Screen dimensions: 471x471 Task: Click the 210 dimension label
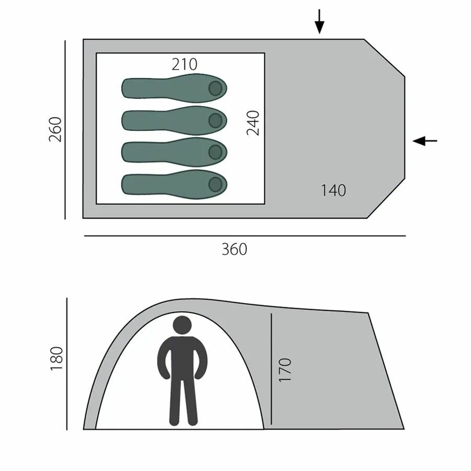[x=184, y=64]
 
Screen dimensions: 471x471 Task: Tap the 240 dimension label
[x=253, y=123]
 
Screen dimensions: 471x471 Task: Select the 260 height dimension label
[x=55, y=129]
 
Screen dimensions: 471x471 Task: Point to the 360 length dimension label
[x=234, y=249]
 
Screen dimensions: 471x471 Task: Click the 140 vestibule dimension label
[x=333, y=190]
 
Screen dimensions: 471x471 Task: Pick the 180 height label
[x=57, y=358]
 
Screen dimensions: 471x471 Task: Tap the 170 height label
[x=285, y=370]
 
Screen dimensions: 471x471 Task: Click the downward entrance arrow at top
[x=320, y=21]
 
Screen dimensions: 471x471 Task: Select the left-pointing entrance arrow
[x=425, y=141]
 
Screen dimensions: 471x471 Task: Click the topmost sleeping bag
[x=174, y=88]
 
